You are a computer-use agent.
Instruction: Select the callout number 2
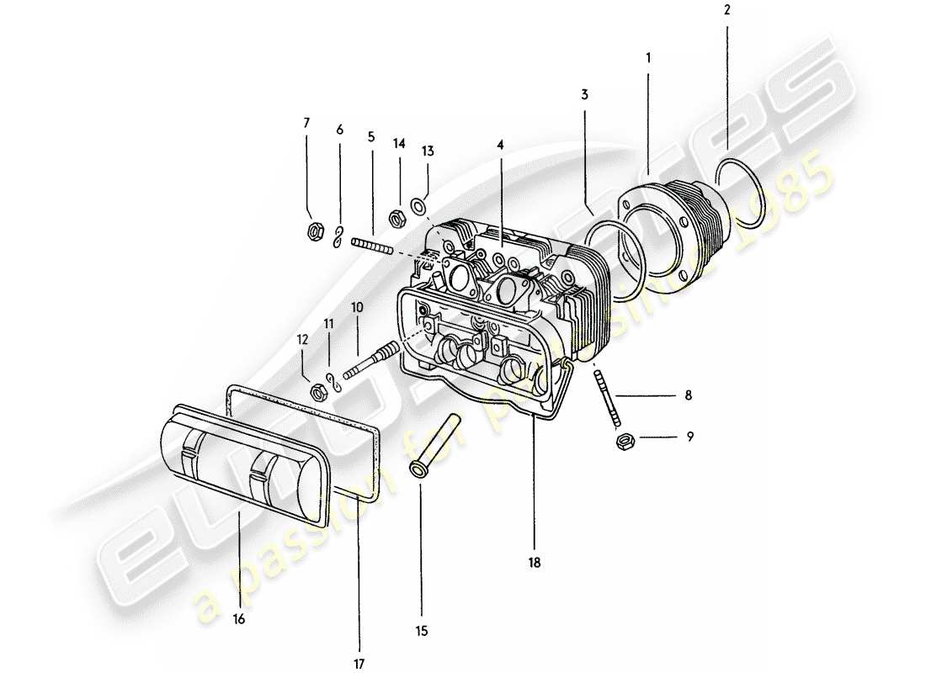727,11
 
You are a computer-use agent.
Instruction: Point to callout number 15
420,630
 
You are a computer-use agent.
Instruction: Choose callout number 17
359,664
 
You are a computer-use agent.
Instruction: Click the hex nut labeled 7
312,231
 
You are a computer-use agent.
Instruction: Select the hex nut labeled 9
625,440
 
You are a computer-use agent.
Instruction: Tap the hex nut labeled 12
319,389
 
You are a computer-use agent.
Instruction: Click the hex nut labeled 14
396,218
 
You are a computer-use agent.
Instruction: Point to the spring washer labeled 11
333,380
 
